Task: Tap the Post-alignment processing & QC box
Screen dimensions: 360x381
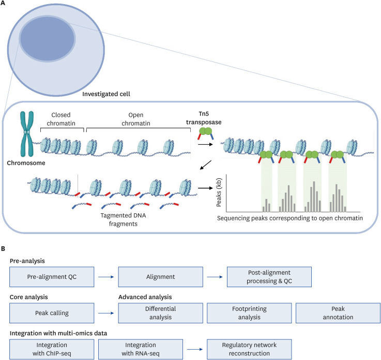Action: click(x=269, y=276)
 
